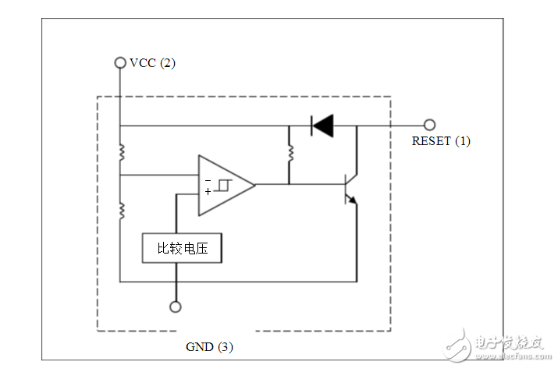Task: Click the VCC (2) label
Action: (153, 63)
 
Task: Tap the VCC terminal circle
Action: (120, 62)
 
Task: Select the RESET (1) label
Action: (441, 141)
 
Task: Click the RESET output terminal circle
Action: (428, 125)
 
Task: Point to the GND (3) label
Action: (208, 346)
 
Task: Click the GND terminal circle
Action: (176, 307)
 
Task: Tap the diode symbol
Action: (321, 125)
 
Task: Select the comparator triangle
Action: (225, 185)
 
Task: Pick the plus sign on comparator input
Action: (208, 191)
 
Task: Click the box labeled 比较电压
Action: (181, 248)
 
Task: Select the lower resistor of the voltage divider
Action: (121, 210)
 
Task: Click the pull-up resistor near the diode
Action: (289, 153)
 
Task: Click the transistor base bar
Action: (347, 186)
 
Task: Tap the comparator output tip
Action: (254, 185)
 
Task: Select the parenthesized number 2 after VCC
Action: (168, 63)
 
